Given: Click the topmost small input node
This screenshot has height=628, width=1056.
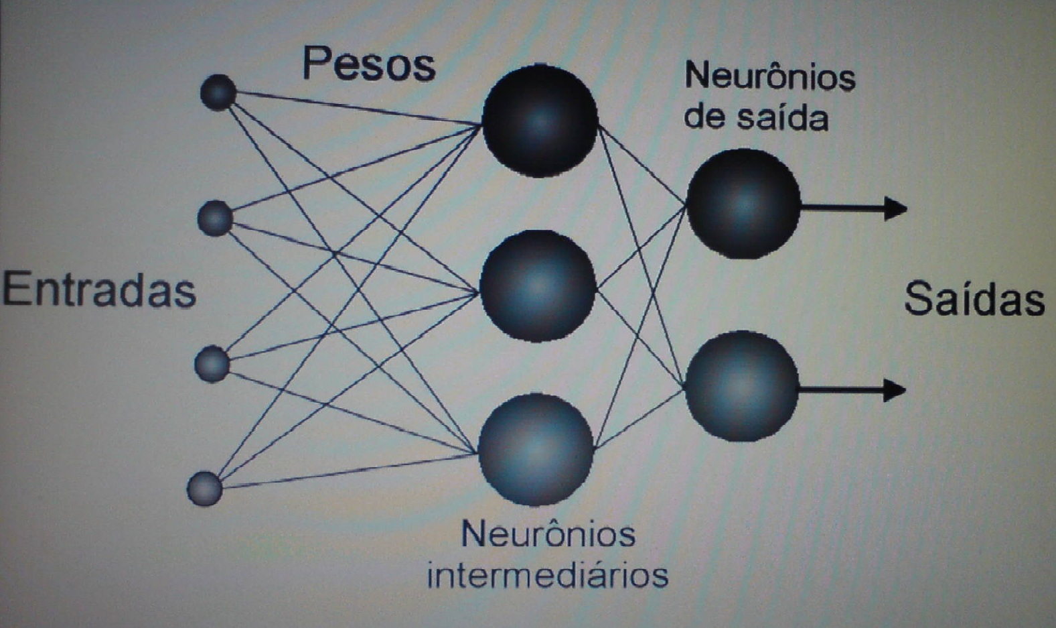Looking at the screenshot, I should (x=218, y=92).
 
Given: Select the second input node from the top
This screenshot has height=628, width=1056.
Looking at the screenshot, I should (x=215, y=218).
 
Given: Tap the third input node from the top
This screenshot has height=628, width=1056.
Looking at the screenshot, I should (x=212, y=364).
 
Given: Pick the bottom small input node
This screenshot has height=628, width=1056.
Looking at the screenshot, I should (x=205, y=489).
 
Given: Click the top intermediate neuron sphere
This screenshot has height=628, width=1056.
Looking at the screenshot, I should (x=540, y=121).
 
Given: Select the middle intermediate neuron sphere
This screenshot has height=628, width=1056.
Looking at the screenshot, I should (x=538, y=286).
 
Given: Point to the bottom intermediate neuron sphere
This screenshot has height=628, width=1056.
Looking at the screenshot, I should (x=536, y=449).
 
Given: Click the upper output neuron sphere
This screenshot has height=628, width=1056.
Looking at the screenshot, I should (x=743, y=204).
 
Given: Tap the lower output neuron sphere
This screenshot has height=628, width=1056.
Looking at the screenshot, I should (x=742, y=386).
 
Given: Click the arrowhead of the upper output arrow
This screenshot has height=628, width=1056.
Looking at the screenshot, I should (x=896, y=208).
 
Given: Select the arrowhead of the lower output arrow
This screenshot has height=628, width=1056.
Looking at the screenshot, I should (x=895, y=389).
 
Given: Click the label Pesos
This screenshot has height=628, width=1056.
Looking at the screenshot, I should (x=369, y=64).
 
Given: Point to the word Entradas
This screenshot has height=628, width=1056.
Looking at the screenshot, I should (x=99, y=290).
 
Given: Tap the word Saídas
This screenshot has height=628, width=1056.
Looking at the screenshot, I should (x=974, y=299).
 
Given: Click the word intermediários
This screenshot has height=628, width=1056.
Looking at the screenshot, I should (x=548, y=575).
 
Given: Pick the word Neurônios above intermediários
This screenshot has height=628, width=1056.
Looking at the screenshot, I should (x=548, y=534).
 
